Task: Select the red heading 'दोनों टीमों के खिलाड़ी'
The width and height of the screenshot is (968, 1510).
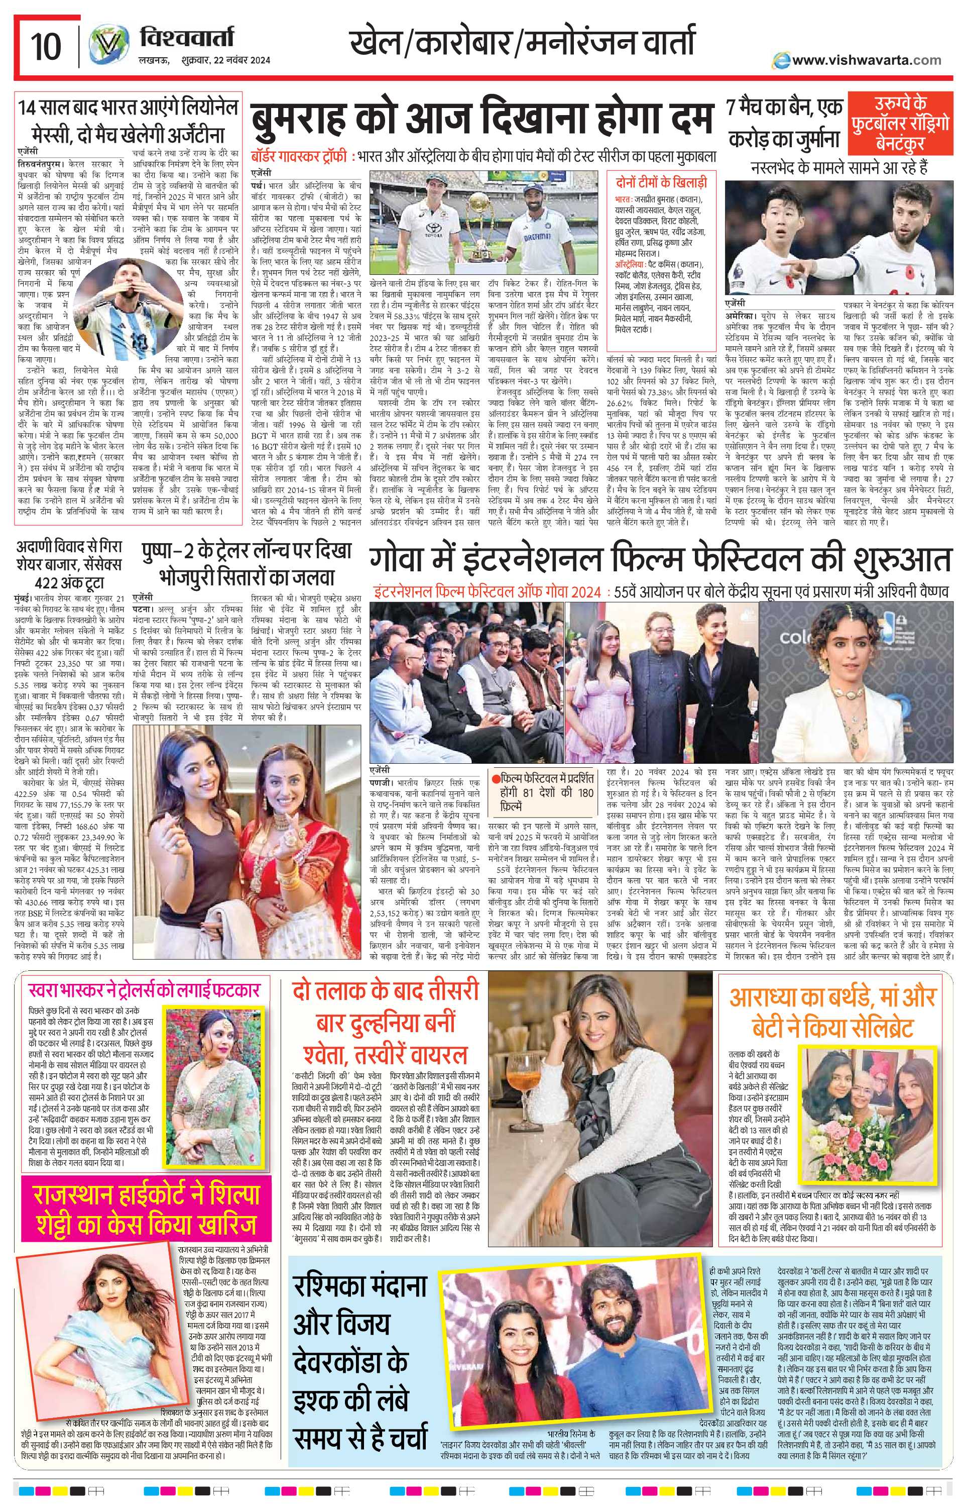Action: (x=661, y=183)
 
